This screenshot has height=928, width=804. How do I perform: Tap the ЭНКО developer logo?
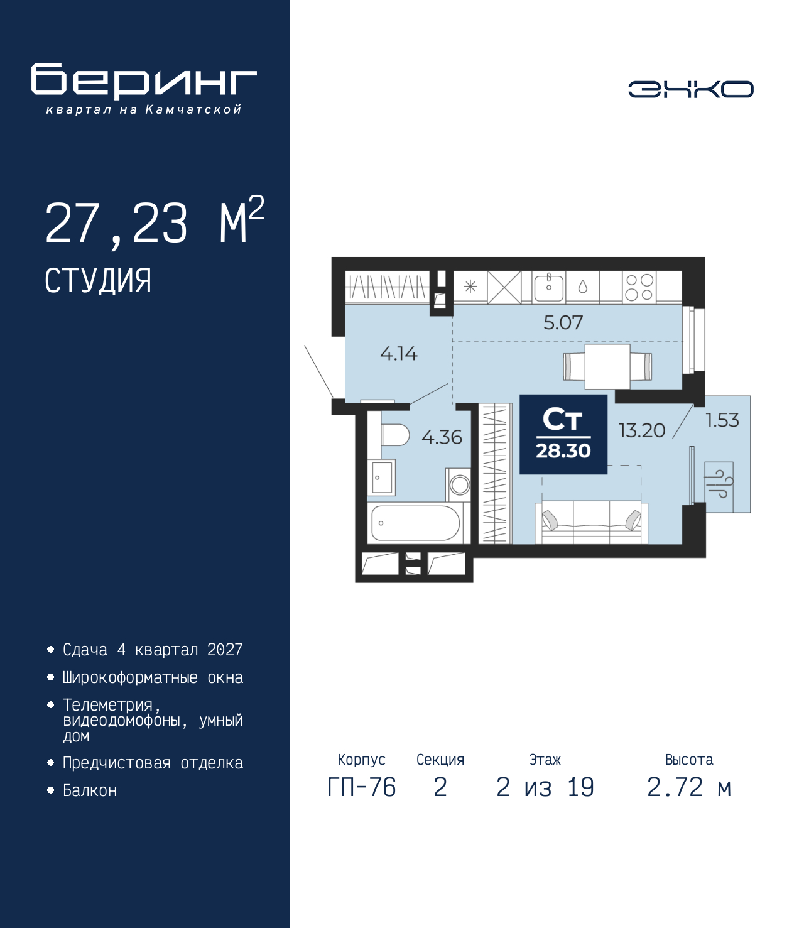point(690,89)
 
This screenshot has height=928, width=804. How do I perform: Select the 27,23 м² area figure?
point(155,222)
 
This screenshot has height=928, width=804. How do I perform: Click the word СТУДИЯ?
point(98,281)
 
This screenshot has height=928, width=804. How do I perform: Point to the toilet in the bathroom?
point(395,435)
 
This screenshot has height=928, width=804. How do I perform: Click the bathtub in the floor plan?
point(415,523)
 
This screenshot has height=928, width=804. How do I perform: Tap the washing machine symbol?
point(459,485)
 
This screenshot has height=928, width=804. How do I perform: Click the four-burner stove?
point(639,287)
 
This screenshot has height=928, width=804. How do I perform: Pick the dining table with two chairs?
point(607,366)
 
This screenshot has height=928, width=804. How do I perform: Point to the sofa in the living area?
point(591,523)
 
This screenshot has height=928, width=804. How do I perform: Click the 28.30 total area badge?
point(563,434)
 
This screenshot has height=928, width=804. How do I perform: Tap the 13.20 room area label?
point(641,430)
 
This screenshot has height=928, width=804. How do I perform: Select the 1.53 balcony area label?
point(722,420)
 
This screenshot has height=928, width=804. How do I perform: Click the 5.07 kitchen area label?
point(563,322)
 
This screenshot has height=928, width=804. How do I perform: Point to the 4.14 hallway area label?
point(399,354)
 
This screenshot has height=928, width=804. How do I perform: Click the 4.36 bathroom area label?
point(442,437)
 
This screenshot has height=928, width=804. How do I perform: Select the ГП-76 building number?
point(361,787)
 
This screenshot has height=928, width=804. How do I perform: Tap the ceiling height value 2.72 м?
point(689,787)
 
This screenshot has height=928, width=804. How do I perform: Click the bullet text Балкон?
point(90,803)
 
